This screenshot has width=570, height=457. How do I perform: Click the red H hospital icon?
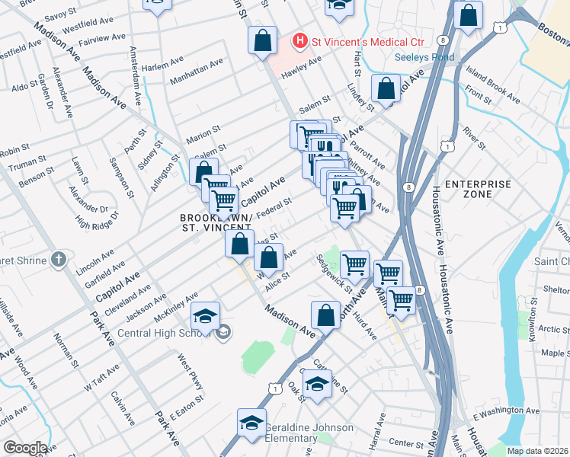(x=300, y=39)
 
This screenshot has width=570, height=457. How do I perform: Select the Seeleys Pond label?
(x=424, y=57)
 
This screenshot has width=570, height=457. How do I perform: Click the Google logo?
(x=24, y=448)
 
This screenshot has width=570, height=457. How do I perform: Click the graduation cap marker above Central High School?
(x=204, y=315)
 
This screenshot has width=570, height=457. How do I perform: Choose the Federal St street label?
(x=274, y=206)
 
